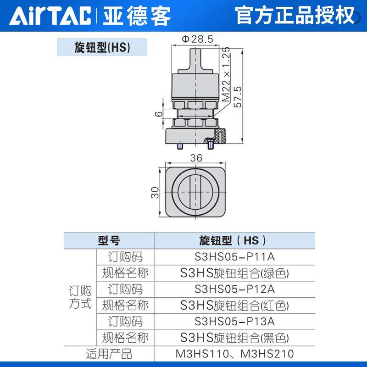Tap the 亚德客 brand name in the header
point(136,16)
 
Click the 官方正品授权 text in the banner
point(295,16)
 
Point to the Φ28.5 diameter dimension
point(198,39)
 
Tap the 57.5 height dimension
point(238,96)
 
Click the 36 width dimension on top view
point(196,157)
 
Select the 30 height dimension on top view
point(155,192)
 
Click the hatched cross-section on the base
point(221,137)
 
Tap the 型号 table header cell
point(109,240)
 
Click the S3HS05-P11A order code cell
point(234,256)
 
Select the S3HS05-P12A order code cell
point(234,289)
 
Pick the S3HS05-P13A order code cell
point(234,321)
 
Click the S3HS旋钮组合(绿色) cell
point(234,273)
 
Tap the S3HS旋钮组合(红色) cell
point(234,305)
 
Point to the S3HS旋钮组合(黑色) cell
point(234,338)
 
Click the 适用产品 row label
point(109,354)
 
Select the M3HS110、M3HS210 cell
point(234,354)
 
